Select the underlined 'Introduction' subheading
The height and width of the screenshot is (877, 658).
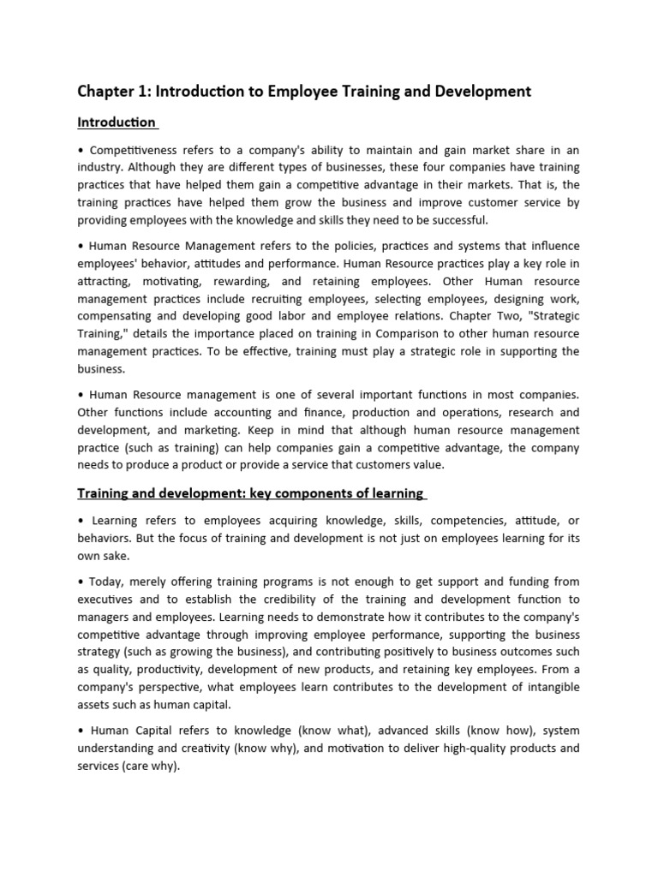point(117,122)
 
